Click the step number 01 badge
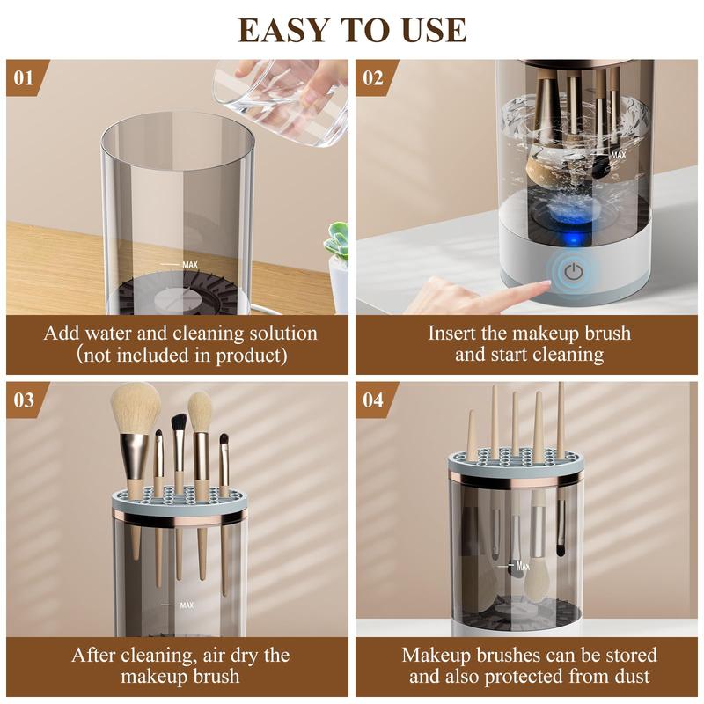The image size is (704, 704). point(24,77)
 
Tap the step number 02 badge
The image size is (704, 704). point(373,77)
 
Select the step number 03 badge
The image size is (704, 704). point(24,400)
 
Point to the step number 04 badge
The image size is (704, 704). point(373,400)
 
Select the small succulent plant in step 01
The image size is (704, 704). point(337,242)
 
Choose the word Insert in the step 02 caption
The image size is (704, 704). point(454,334)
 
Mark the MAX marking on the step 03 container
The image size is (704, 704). point(186,605)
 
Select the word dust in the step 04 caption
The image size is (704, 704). point(630,677)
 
